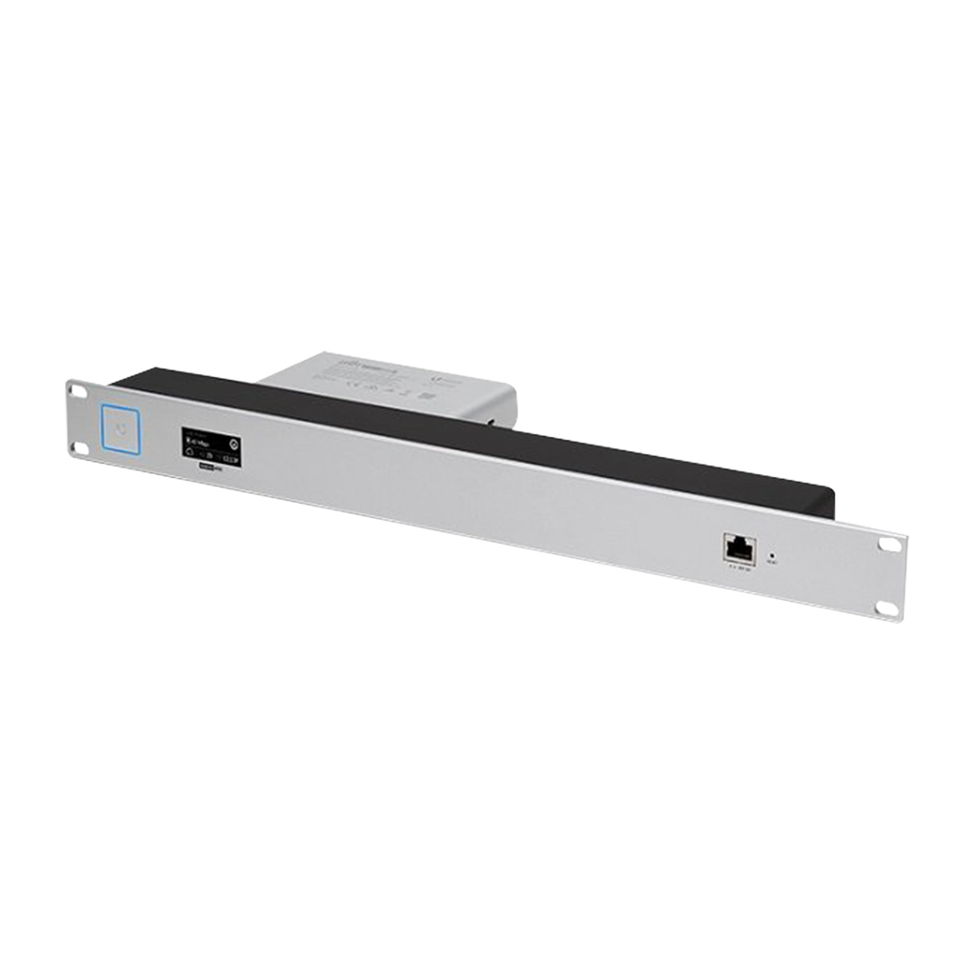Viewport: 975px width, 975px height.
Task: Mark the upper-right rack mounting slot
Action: click(x=889, y=546)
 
